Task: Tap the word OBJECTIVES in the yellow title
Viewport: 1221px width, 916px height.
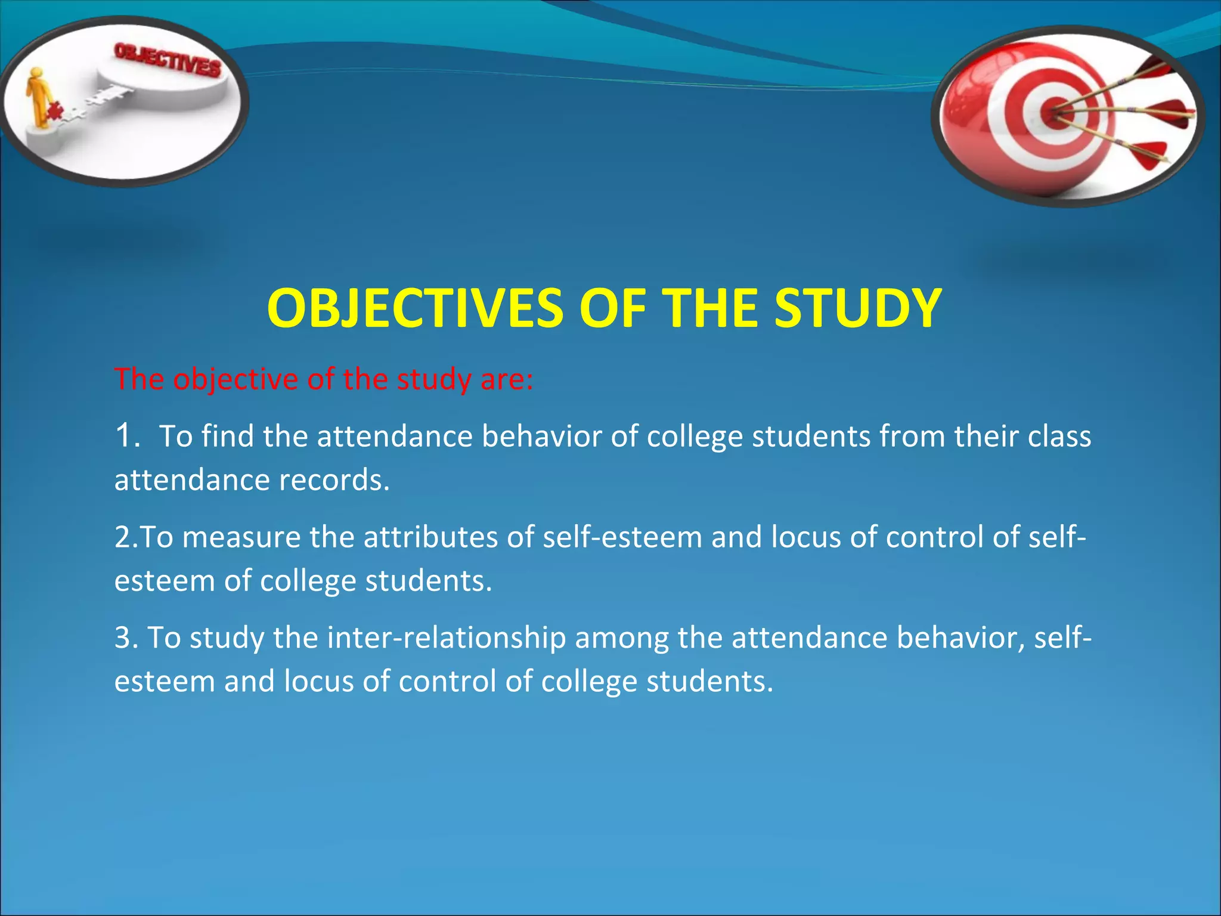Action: pyautogui.click(x=415, y=308)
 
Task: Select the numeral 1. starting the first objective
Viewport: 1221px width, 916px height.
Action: pyautogui.click(x=128, y=435)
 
